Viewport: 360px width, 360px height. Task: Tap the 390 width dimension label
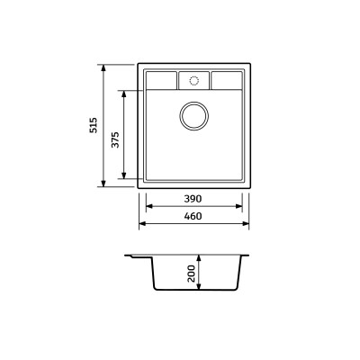point(192,198)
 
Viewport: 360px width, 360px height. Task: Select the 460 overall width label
point(192,216)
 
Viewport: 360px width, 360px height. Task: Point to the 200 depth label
point(191,274)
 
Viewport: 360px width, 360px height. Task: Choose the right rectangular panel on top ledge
point(225,80)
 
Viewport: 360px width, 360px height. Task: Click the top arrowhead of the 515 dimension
point(103,66)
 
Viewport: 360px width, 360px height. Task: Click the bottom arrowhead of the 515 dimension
point(103,185)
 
